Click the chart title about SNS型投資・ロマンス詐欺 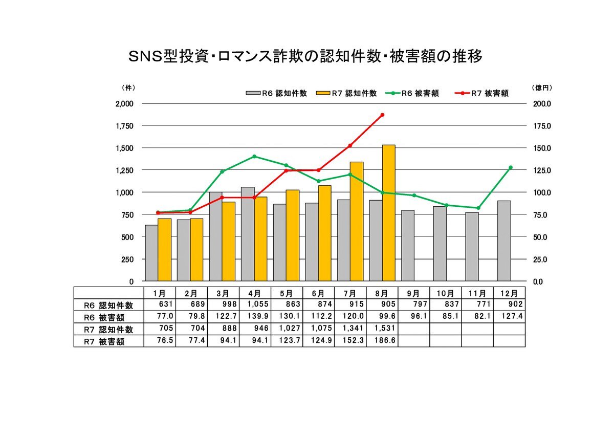click(x=306, y=56)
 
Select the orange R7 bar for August click(x=389, y=213)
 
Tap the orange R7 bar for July click(x=357, y=221)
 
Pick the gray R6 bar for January click(x=151, y=253)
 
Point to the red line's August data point click(x=382, y=115)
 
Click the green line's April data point click(x=254, y=157)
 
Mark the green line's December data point click(x=510, y=167)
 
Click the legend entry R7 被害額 click(x=484, y=93)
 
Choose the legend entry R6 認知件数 click(x=276, y=93)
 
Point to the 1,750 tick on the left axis click(x=124, y=126)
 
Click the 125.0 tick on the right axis click(x=541, y=170)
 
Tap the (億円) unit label click(x=541, y=88)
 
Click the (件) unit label click(x=128, y=88)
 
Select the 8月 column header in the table click(x=382, y=293)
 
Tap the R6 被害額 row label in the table click(x=109, y=317)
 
